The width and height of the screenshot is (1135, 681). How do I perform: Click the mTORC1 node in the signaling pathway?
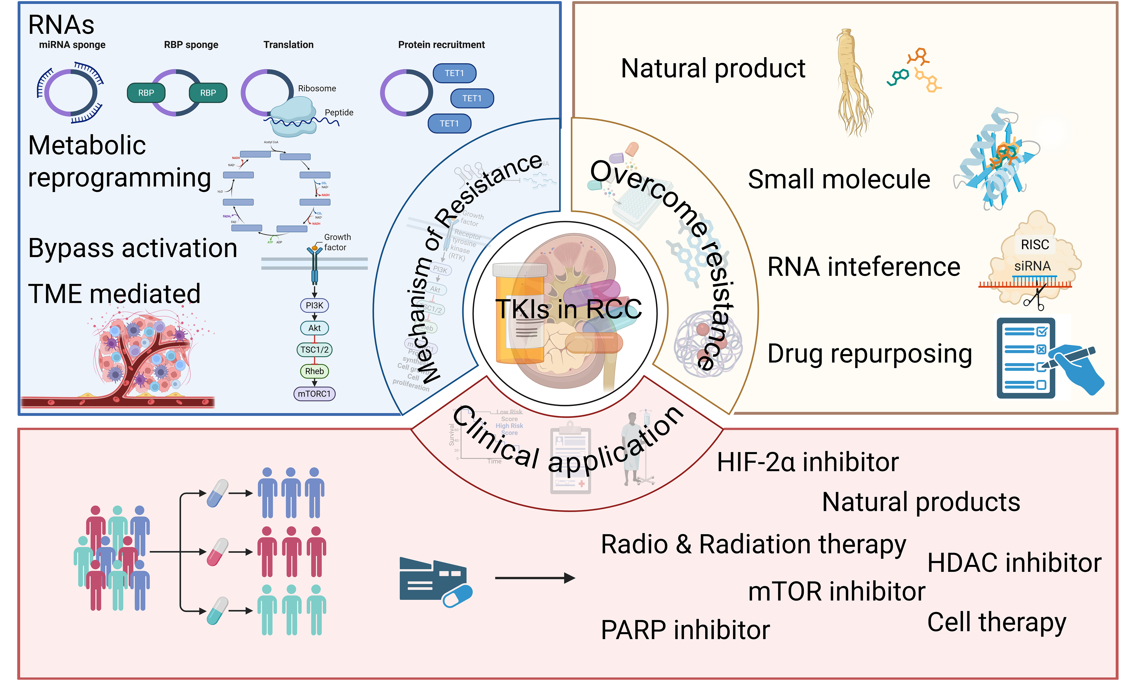click(314, 394)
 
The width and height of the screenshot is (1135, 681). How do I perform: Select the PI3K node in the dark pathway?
click(314, 305)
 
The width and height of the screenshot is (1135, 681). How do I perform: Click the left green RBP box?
click(146, 93)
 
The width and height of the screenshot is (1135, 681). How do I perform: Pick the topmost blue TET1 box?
click(454, 73)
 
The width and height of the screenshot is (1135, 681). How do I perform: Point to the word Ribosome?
click(317, 89)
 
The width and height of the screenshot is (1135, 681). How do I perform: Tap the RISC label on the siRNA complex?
click(1035, 245)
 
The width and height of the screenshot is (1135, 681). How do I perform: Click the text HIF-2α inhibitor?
click(807, 462)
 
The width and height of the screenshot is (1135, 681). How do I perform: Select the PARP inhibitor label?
click(685, 630)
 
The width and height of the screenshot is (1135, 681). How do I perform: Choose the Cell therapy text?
click(996, 623)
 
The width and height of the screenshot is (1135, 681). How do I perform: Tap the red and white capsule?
click(217, 552)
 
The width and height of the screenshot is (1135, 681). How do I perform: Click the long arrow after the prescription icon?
click(534, 578)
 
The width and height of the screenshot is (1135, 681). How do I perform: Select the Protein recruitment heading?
click(441, 45)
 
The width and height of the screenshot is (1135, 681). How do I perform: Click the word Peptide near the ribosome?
click(339, 112)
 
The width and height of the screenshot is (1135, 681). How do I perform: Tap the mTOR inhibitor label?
click(836, 591)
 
